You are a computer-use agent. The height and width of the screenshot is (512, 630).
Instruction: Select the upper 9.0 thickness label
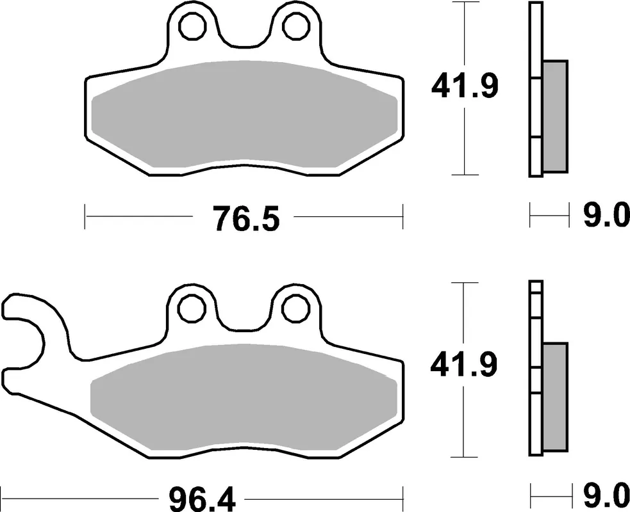(x=606, y=217)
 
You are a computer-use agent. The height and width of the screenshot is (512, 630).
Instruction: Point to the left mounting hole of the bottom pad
(x=192, y=309)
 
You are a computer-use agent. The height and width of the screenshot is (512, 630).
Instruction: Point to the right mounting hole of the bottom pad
(x=295, y=309)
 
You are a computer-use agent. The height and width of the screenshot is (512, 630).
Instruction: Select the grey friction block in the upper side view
(x=555, y=116)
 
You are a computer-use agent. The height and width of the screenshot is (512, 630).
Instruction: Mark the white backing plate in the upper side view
(x=536, y=90)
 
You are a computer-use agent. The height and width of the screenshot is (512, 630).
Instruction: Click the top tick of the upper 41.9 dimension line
(x=463, y=3)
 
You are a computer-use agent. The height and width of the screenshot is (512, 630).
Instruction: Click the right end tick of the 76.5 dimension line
(x=402, y=216)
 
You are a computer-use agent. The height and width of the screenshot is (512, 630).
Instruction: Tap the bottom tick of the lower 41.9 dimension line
(x=463, y=457)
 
